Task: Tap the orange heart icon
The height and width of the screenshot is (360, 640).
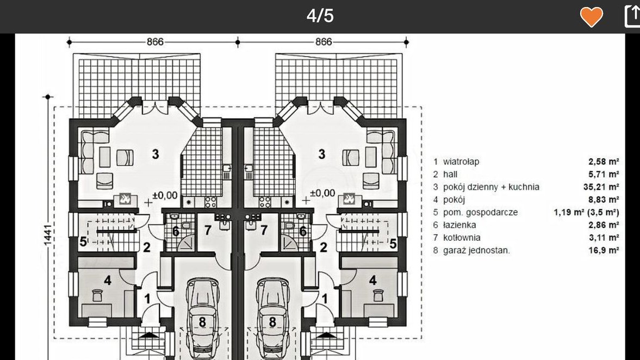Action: [592, 17]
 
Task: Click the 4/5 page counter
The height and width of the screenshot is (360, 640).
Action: [320, 16]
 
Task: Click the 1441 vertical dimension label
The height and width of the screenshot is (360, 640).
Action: [48, 235]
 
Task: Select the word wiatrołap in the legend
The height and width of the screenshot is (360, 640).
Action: [461, 162]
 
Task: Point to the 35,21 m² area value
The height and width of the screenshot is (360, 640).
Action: [601, 187]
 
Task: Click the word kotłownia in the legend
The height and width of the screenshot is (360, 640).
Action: [462, 238]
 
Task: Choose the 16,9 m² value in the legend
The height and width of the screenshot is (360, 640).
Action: [604, 250]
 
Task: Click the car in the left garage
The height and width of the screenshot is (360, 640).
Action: [202, 316]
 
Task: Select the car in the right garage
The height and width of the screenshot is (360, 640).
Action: [272, 316]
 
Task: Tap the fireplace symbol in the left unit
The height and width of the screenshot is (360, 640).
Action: [125, 199]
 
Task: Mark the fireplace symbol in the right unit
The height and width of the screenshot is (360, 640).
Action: [349, 199]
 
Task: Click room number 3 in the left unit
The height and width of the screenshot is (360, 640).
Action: [155, 154]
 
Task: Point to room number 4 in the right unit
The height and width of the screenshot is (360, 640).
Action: [372, 280]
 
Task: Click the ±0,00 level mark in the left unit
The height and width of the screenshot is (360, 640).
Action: [165, 196]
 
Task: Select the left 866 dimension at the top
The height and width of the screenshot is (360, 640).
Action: [155, 42]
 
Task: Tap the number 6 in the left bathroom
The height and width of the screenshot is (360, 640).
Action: [176, 232]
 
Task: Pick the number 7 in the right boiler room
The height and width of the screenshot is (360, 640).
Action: [264, 230]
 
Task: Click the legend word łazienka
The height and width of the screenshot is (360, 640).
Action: [459, 225]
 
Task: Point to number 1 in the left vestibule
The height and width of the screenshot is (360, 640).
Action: [147, 299]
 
